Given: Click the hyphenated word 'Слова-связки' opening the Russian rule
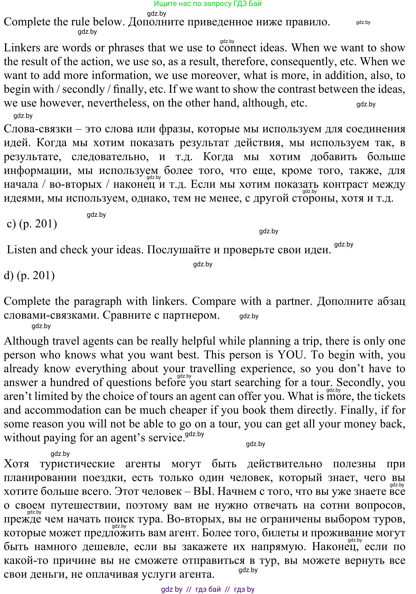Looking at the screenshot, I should click(x=38, y=129).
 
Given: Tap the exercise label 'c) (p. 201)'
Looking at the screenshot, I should click(x=32, y=224).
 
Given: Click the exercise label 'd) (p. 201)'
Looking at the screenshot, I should click(x=29, y=275).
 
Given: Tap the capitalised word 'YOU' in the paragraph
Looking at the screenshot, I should click(x=290, y=355).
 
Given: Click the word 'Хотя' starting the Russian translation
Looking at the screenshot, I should click(x=16, y=464).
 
